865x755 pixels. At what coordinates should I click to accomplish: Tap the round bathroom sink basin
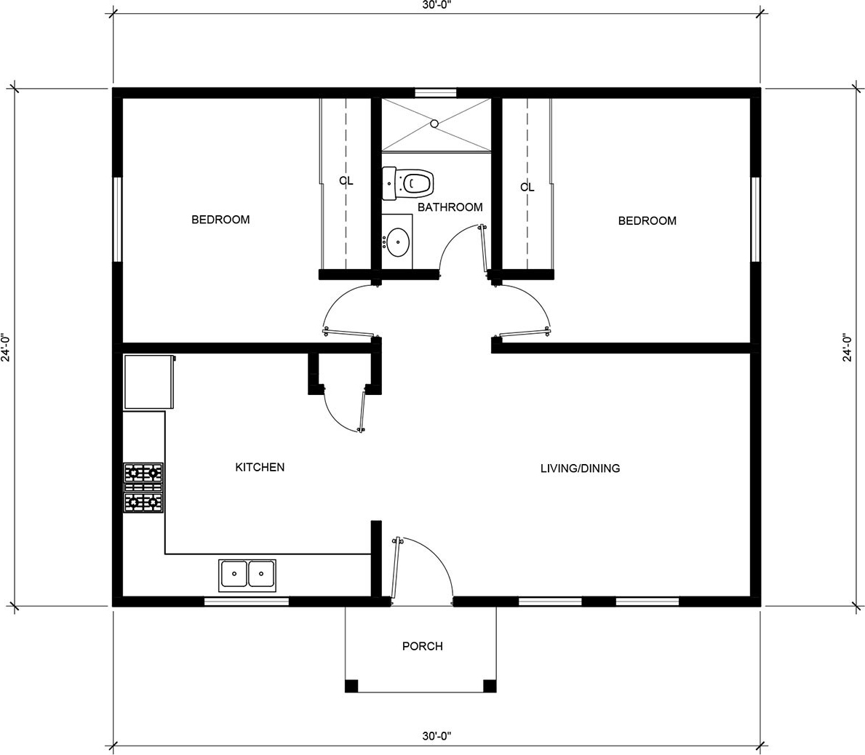click(x=397, y=242)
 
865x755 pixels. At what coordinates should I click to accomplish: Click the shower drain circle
click(x=434, y=124)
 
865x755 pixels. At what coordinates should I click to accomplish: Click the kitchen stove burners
click(x=143, y=488)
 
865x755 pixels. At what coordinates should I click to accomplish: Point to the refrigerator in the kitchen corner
click(x=149, y=382)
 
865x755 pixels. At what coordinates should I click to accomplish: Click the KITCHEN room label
click(x=260, y=467)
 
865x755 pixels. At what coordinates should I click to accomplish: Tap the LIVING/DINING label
click(x=580, y=468)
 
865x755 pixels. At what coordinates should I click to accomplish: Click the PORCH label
click(x=423, y=646)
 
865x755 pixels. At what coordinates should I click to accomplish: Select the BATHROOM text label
click(x=450, y=207)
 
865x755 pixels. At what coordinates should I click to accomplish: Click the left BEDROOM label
click(x=220, y=220)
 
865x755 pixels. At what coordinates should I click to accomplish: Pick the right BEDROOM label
click(x=647, y=220)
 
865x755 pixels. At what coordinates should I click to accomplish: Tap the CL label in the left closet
click(x=346, y=181)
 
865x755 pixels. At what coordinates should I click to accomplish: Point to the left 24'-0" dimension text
click(x=6, y=347)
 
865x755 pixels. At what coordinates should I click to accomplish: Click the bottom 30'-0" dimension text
click(x=437, y=735)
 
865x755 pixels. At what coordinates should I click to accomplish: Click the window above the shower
click(x=436, y=92)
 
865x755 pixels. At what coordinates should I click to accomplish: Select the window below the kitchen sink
click(x=247, y=602)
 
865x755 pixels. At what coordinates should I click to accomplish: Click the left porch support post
click(x=351, y=685)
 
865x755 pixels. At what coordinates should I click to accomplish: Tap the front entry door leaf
click(x=396, y=567)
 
